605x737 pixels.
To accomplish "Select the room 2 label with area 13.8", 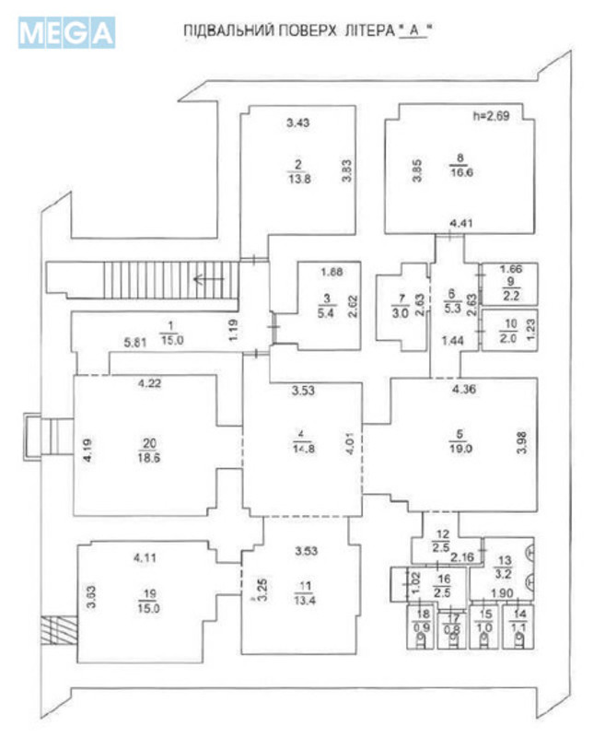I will [297, 172].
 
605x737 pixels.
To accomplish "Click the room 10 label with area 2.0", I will [510, 330].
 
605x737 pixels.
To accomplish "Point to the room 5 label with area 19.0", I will [462, 444].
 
